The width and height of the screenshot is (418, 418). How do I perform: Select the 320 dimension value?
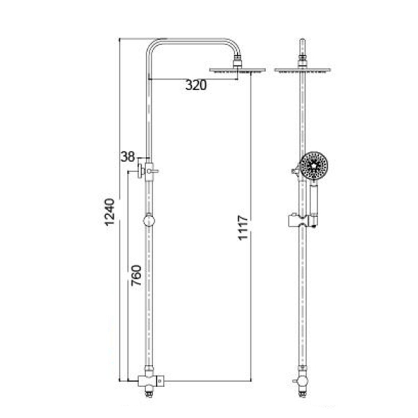[196, 85]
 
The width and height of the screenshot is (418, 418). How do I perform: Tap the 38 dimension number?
[127, 157]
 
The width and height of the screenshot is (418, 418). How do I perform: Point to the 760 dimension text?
[136, 276]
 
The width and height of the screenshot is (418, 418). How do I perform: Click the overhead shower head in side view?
[238, 70]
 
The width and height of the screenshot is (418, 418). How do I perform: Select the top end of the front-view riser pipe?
[303, 41]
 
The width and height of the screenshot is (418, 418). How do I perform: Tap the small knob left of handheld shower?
[295, 171]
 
